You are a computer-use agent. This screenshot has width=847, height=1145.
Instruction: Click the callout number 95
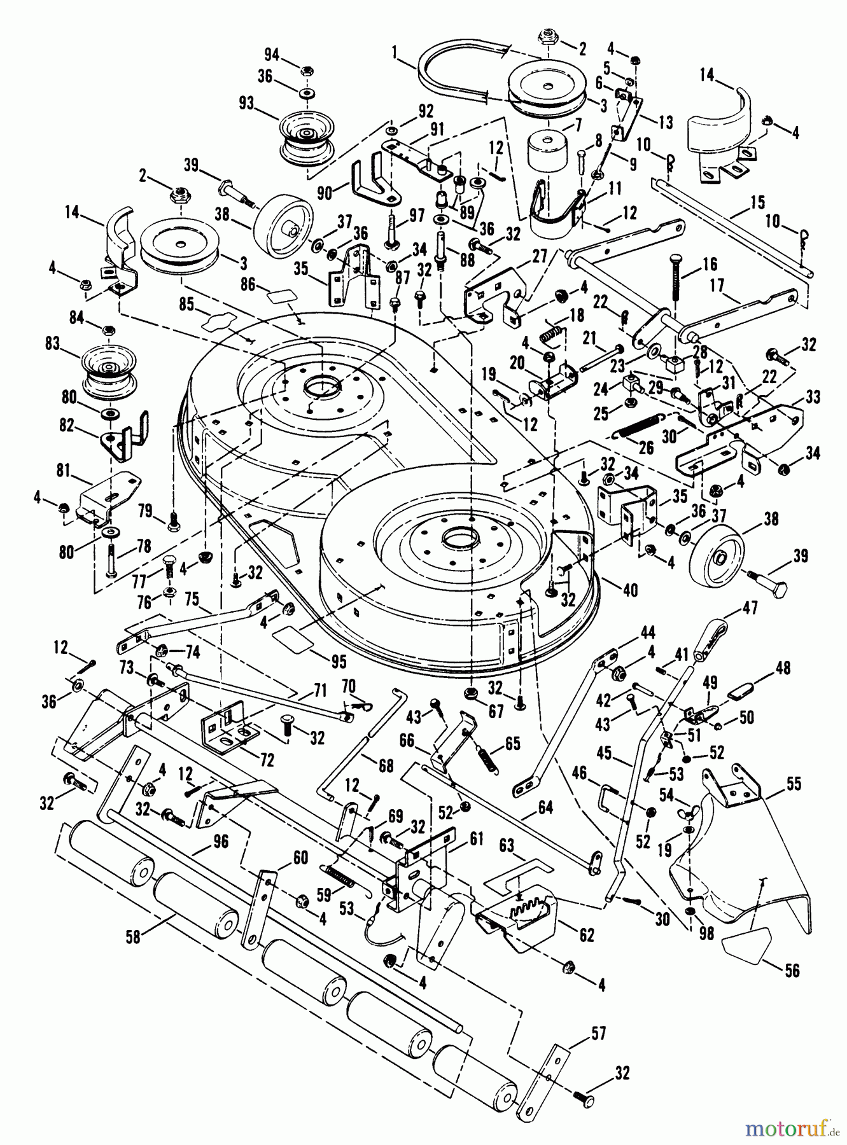[x=339, y=662]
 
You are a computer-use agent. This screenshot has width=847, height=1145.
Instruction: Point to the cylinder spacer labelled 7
[x=547, y=151]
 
